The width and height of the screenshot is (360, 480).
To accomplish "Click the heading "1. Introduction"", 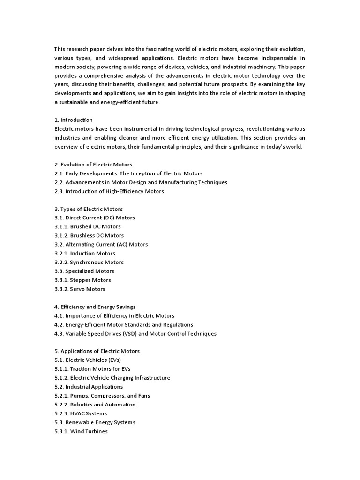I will pos(74,120).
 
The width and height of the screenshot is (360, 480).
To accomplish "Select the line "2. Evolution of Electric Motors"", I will pos(93,165).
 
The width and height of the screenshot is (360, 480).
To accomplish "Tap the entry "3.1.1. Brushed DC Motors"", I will pos(88,227).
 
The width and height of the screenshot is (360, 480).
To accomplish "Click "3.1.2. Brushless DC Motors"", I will pos(89,236).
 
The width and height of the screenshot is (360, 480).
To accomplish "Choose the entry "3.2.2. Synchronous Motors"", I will pos(89,262).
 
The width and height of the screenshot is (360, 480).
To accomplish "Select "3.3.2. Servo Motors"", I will pos(80,289).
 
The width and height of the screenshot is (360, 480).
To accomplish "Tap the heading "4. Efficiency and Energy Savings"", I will pos(95,307).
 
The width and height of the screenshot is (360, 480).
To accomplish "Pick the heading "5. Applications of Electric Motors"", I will pos(97,351).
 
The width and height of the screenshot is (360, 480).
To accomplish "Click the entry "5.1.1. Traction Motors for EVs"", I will pos(92,369).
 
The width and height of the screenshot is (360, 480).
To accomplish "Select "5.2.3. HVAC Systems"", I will pos(81,413).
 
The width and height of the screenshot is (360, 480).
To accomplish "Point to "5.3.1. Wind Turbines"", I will pos(81,431).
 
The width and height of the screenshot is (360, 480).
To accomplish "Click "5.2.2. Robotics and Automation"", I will pos(95,405).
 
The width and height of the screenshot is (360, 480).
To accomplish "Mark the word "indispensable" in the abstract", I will pos(278,58).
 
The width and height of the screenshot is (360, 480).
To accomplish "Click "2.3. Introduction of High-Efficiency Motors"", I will pos(109,191).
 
